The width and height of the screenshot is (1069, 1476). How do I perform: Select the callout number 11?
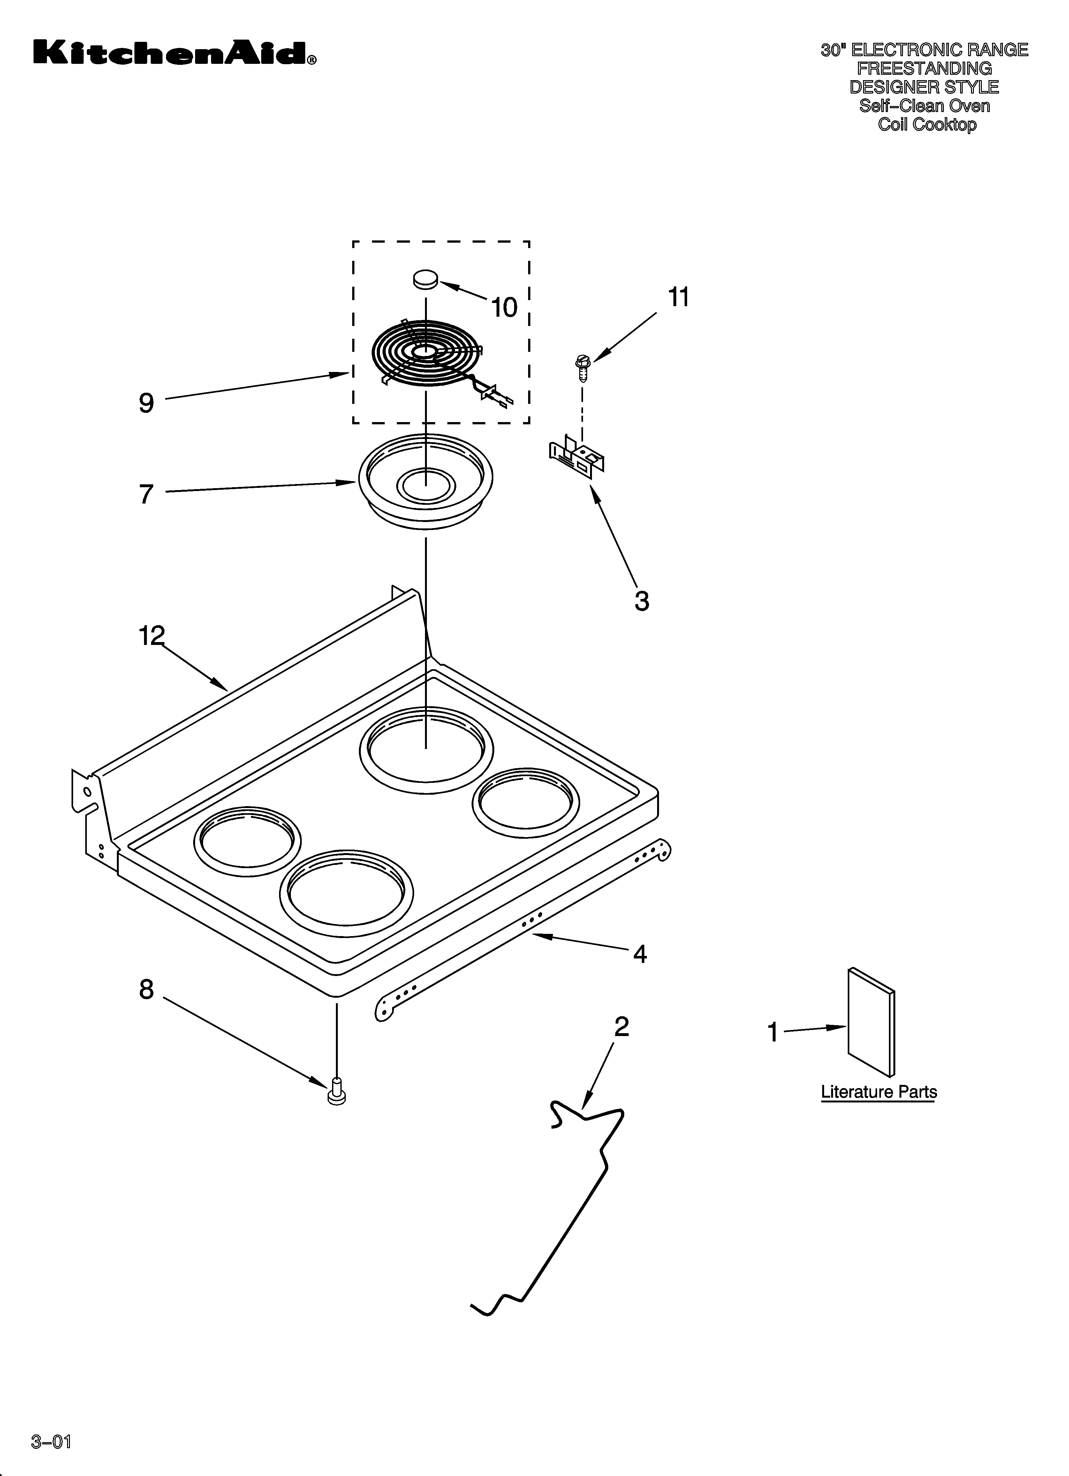pyautogui.click(x=679, y=298)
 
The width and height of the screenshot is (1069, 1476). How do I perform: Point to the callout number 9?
pyautogui.click(x=147, y=404)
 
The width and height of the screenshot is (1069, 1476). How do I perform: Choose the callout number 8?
pyautogui.click(x=147, y=990)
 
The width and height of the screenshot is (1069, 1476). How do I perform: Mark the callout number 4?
pyautogui.click(x=640, y=954)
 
